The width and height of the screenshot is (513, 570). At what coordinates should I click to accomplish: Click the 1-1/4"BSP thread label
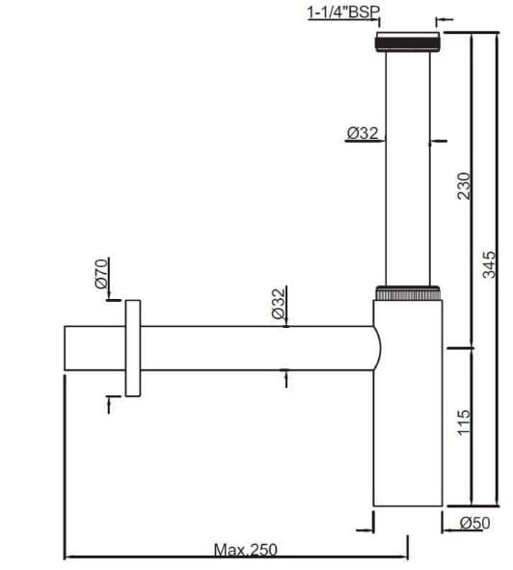click(343, 13)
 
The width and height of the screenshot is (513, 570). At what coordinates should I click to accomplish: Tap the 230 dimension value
click(464, 185)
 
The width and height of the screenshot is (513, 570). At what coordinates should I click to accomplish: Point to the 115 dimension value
click(464, 421)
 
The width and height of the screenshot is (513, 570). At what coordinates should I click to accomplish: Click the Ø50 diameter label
click(475, 524)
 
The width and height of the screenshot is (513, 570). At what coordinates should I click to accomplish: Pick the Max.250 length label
click(245, 550)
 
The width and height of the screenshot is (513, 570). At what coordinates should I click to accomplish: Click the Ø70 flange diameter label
click(101, 274)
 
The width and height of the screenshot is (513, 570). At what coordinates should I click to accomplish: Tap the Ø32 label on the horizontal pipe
click(278, 304)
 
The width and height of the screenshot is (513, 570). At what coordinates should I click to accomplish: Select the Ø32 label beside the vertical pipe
click(363, 134)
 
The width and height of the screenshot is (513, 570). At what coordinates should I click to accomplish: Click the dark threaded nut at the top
click(408, 43)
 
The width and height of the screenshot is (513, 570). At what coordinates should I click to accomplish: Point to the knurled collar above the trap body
click(408, 291)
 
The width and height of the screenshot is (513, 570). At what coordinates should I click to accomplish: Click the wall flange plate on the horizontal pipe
click(132, 348)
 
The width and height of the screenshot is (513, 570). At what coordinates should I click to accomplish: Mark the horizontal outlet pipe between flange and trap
click(251, 348)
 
